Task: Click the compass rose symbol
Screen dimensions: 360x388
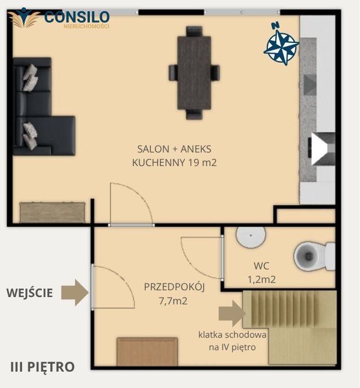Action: tap(281, 47)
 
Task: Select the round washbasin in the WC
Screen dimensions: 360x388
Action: tap(251, 236)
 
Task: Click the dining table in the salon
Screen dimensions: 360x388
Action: tap(194, 73)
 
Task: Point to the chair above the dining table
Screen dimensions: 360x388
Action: tap(194, 31)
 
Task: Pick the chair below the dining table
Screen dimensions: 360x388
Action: tap(194, 115)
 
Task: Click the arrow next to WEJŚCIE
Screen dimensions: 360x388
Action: tap(75, 293)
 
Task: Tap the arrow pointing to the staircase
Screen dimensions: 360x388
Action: tap(232, 313)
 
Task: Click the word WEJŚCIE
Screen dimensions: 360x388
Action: tap(29, 293)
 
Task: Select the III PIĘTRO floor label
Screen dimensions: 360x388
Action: tap(42, 367)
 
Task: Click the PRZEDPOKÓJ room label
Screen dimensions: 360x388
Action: tap(174, 287)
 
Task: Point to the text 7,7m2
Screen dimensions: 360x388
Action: tap(173, 301)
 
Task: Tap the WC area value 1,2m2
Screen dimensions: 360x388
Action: tap(262, 280)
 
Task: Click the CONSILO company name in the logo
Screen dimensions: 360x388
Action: tap(77, 17)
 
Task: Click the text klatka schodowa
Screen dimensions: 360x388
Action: tap(232, 335)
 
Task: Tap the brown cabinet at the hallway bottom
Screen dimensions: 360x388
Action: tap(148, 352)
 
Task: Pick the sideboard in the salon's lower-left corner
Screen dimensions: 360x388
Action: tap(53, 212)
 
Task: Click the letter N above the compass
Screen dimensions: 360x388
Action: tap(275, 25)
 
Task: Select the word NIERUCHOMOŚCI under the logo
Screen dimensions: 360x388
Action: tap(86, 26)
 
